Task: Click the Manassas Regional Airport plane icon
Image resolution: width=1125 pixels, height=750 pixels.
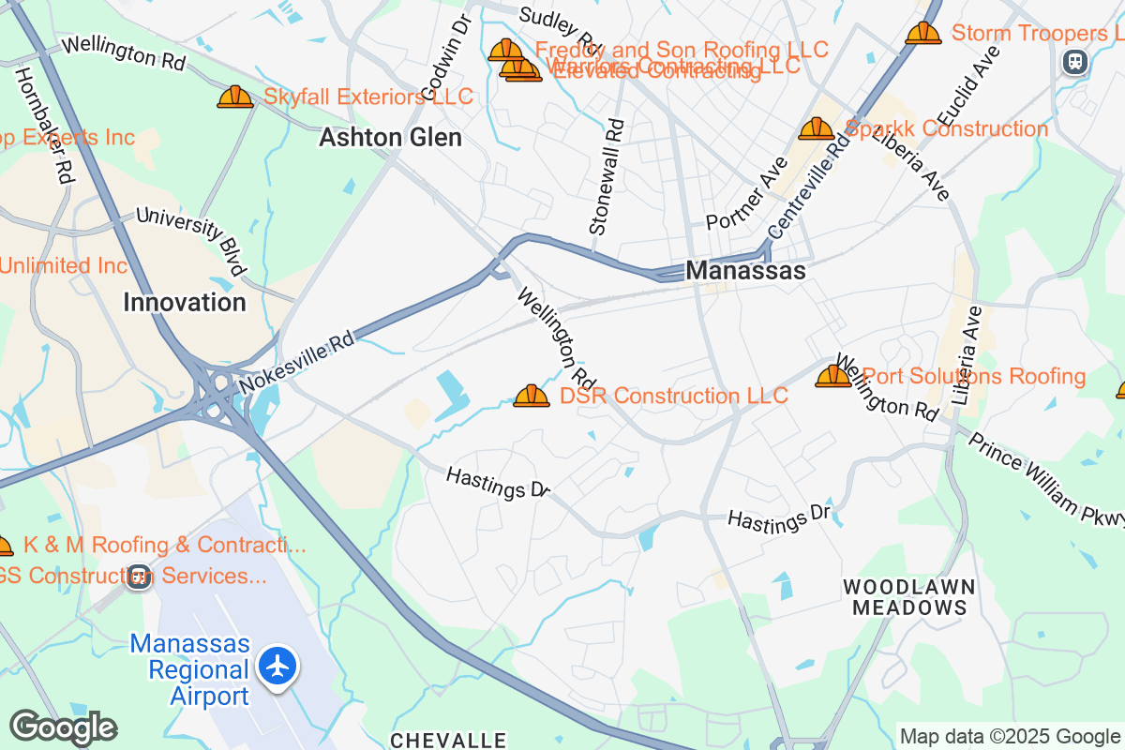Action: (x=277, y=666)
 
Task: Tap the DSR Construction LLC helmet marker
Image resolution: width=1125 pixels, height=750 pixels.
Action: (x=532, y=397)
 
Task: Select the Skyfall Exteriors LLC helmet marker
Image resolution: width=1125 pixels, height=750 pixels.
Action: (x=235, y=97)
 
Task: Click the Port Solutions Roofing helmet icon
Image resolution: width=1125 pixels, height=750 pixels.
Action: (x=832, y=376)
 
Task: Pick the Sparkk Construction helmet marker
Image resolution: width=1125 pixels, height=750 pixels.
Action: (x=816, y=128)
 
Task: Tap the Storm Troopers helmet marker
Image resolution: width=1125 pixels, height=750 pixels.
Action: (x=922, y=33)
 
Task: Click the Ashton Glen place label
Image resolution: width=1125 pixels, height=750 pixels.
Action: (x=390, y=138)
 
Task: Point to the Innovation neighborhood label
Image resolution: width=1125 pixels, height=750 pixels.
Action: (x=185, y=302)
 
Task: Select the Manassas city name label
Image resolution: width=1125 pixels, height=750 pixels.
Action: (x=745, y=270)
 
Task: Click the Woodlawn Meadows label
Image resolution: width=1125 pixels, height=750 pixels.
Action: (x=908, y=597)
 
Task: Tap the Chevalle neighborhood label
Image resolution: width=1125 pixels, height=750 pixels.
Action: (x=448, y=741)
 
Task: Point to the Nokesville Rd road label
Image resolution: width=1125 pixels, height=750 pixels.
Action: (x=297, y=360)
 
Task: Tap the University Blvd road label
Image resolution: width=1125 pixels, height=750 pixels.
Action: (x=191, y=240)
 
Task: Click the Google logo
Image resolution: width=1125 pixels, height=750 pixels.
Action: (x=63, y=727)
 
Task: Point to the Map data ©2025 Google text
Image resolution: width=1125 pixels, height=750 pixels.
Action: (x=1010, y=736)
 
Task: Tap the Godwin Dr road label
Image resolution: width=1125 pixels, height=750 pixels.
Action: (x=444, y=58)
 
